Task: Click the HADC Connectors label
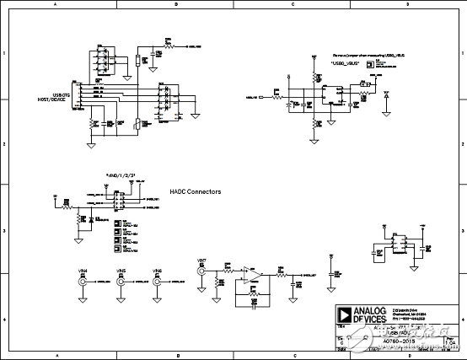pos(196,192)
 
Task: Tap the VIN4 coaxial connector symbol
pos(83,283)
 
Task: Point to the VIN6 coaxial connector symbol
pos(158,283)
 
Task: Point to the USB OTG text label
pos(63,94)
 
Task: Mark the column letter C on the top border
pos(292,4)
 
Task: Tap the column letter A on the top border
pos(56,4)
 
